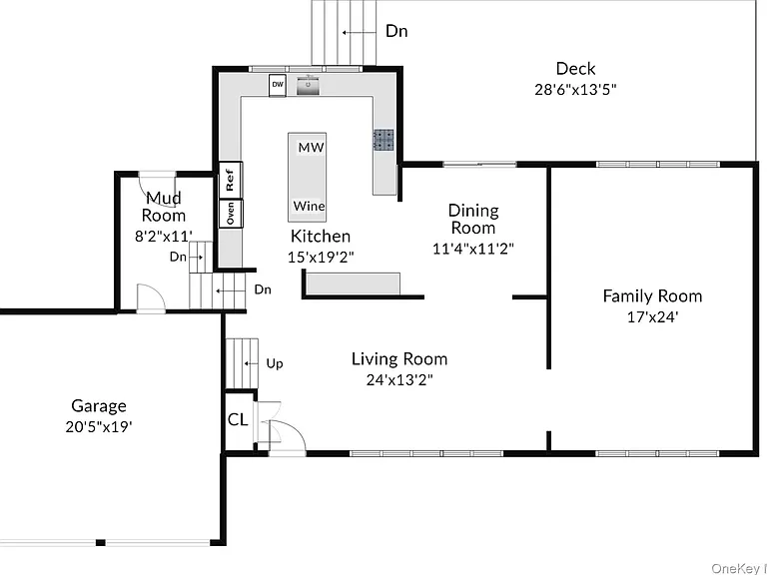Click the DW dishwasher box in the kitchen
click(278, 85)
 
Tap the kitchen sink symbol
click(309, 86)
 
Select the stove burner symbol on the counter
click(383, 140)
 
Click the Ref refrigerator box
click(231, 180)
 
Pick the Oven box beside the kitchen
click(231, 214)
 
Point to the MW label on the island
click(312, 147)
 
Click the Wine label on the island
click(309, 206)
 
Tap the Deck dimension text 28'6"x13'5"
click(575, 90)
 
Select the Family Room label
click(652, 295)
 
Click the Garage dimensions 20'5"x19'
click(99, 427)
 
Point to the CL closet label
click(239, 419)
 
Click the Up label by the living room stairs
click(275, 363)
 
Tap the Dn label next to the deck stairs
click(396, 31)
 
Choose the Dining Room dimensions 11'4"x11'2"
click(473, 249)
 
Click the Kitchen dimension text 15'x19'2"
click(321, 257)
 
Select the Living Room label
click(399, 359)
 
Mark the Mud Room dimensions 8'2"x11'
click(164, 237)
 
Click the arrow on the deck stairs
click(359, 33)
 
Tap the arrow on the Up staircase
click(251, 363)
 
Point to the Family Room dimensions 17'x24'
click(652, 317)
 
